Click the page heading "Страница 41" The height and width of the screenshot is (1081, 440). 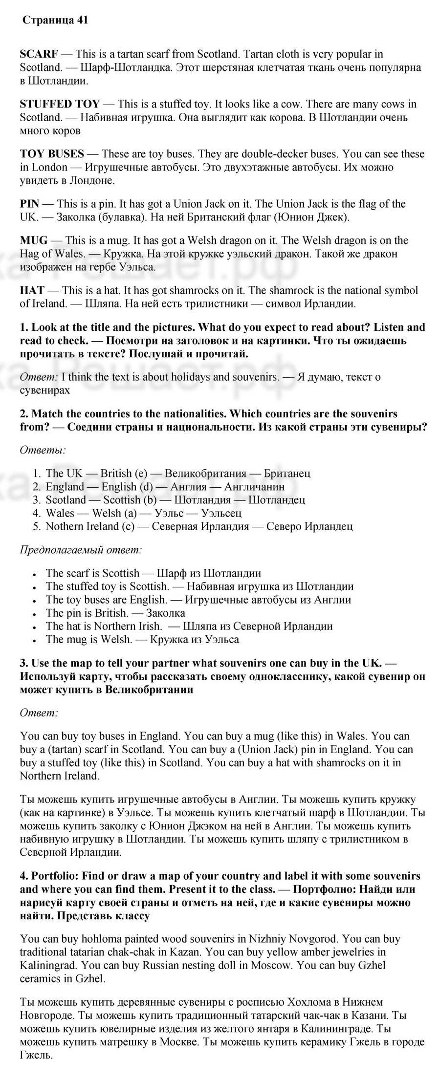pyautogui.click(x=55, y=20)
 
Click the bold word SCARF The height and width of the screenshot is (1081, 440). pyautogui.click(x=39, y=54)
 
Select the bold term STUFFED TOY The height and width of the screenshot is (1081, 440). pyautogui.click(x=60, y=104)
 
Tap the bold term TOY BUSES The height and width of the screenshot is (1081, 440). pyautogui.click(x=52, y=153)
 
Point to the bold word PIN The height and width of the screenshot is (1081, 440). pyautogui.click(x=29, y=203)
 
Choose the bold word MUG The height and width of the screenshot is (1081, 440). pyautogui.click(x=34, y=240)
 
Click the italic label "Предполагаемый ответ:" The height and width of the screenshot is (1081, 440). pyautogui.click(x=81, y=549)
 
